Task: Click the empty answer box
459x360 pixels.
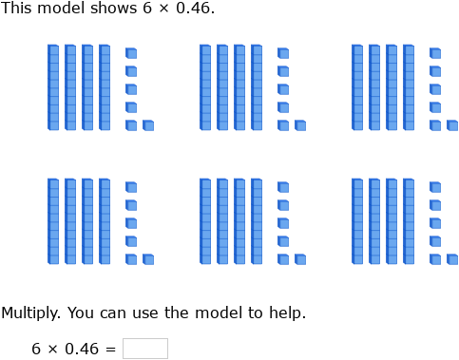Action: tap(144, 349)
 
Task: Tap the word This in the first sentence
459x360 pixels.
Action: tap(17, 9)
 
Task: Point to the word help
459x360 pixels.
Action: tap(286, 313)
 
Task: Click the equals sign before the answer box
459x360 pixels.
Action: tap(110, 349)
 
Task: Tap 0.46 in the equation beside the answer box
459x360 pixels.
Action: tap(83, 349)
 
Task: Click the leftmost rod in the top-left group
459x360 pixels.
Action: tap(53, 87)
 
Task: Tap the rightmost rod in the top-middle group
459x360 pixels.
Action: tap(257, 87)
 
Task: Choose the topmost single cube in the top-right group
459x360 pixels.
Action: tap(434, 53)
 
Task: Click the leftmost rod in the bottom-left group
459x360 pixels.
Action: tap(53, 221)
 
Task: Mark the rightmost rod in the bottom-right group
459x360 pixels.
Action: tap(409, 221)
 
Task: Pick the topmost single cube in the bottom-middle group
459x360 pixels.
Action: tap(282, 187)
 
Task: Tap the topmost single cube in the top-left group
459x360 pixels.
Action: tap(130, 53)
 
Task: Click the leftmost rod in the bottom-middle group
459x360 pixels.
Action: tap(205, 221)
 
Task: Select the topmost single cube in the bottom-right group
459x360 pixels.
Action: tap(434, 187)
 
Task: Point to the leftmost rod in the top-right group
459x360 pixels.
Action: tap(357, 87)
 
